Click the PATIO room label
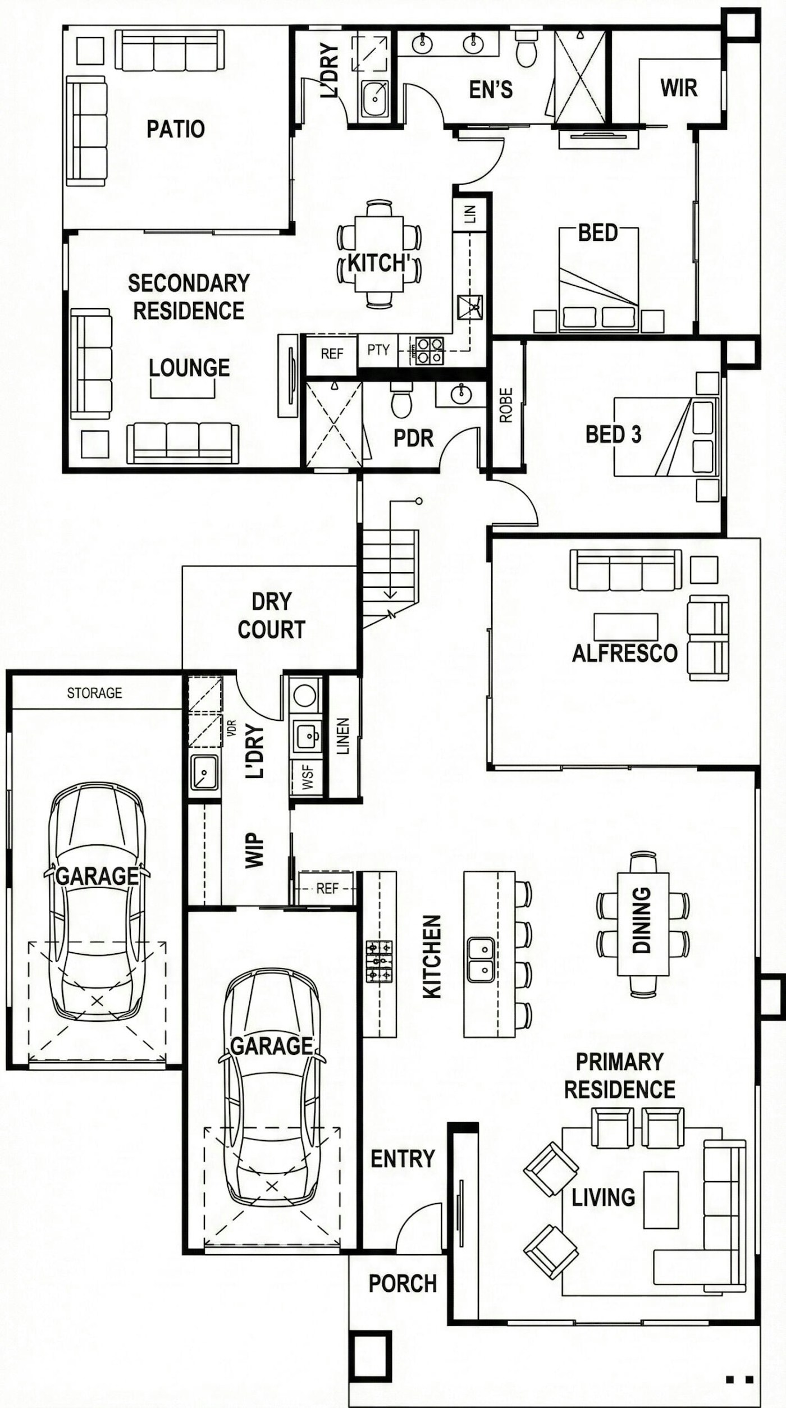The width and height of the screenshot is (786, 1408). click(x=176, y=129)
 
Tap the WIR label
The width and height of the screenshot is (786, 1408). click(x=679, y=88)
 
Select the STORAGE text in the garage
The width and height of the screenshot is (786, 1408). click(x=94, y=693)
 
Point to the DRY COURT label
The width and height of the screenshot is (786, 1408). click(x=271, y=615)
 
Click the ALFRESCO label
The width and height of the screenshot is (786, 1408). click(x=625, y=653)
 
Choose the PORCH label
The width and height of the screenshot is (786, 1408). click(x=403, y=1283)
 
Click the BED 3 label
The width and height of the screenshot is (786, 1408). click(x=613, y=434)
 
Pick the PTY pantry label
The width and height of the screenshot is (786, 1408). click(x=378, y=350)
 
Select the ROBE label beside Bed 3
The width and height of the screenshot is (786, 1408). click(x=506, y=405)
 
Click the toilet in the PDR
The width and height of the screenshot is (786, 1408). click(x=401, y=400)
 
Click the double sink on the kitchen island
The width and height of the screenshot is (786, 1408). click(x=481, y=959)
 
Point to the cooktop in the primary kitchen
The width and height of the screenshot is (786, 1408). click(x=379, y=961)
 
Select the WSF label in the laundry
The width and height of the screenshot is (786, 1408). click(x=307, y=778)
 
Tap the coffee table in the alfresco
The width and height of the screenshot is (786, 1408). click(x=625, y=627)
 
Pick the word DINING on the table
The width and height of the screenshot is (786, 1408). click(x=641, y=920)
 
